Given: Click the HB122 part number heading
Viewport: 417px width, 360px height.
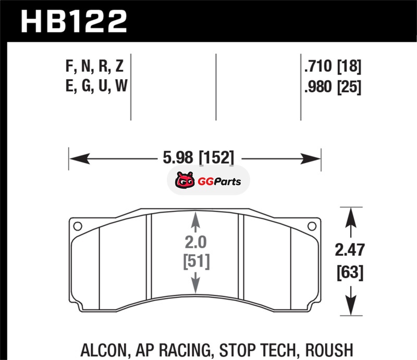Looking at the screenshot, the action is (x=73, y=21).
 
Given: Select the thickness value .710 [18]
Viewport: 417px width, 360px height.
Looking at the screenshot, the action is (x=333, y=66).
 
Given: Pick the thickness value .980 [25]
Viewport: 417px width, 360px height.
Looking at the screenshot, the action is (x=333, y=86).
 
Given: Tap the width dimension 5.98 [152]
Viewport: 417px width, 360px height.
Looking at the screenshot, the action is (x=199, y=157).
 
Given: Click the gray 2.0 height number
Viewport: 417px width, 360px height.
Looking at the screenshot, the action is (x=195, y=242).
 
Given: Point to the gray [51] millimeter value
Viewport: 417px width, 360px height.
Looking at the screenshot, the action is (x=197, y=262).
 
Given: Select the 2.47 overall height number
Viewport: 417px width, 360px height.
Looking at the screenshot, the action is (x=349, y=250).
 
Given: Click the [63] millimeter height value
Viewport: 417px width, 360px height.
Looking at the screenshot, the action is (x=350, y=272).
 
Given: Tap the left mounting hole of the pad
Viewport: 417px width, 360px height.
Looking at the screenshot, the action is (x=78, y=227).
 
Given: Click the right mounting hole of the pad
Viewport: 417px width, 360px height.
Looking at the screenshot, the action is (x=312, y=227).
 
